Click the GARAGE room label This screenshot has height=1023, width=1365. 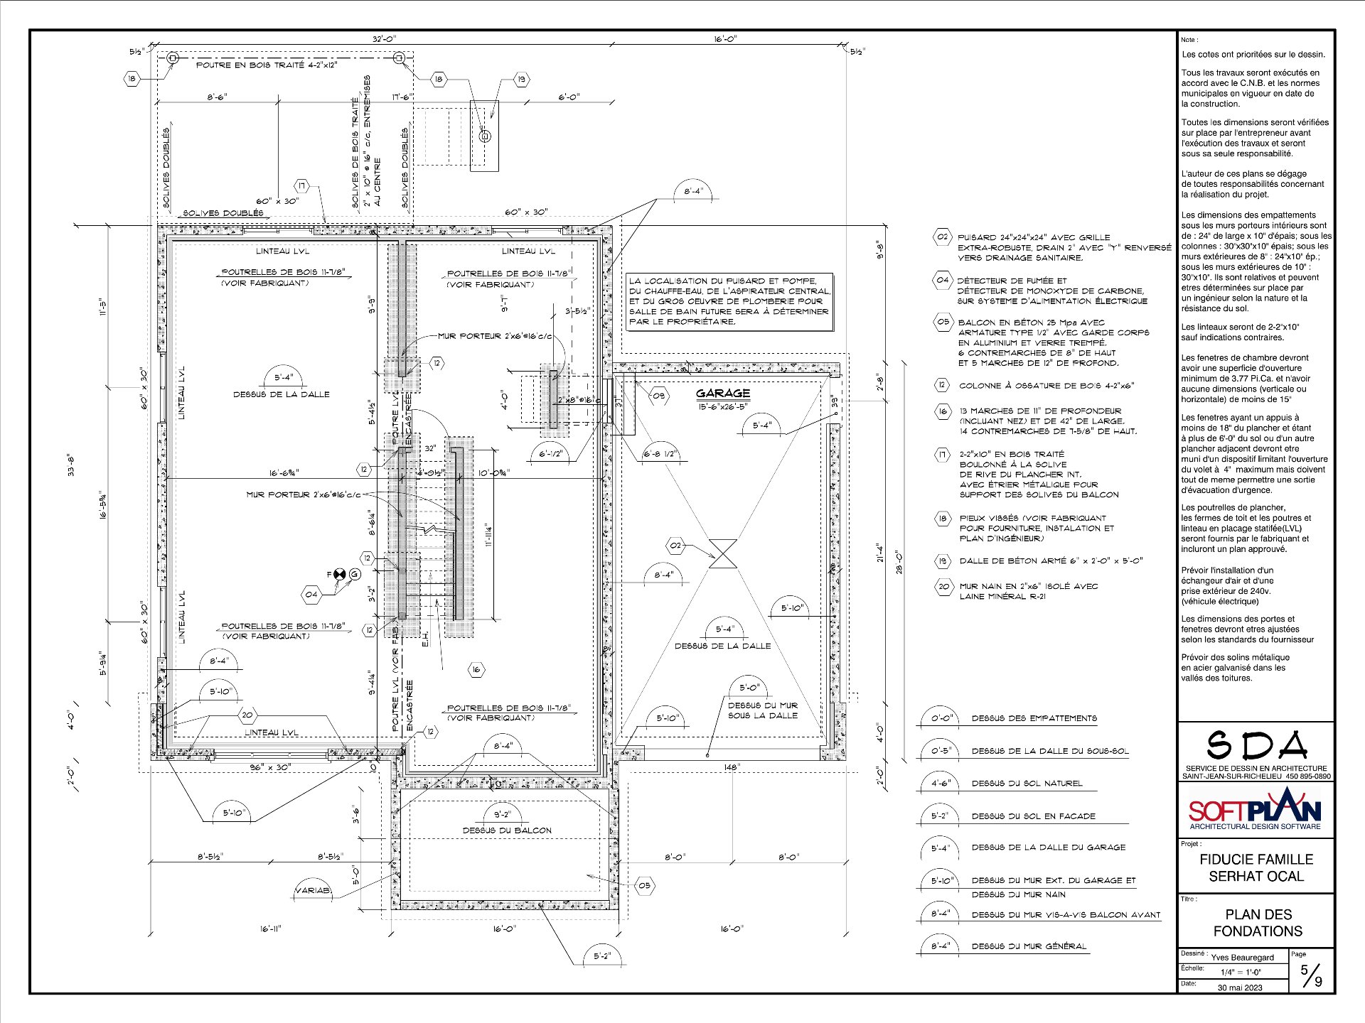click(722, 393)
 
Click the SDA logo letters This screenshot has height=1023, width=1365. click(1257, 745)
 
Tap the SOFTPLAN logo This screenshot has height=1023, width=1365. click(1256, 810)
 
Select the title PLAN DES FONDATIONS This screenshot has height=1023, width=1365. click(1258, 922)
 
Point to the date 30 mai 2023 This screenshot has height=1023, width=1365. click(1240, 987)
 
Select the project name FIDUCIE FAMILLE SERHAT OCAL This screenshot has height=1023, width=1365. click(1256, 867)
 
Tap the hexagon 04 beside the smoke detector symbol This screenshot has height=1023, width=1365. click(311, 593)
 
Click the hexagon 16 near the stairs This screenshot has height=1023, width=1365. click(476, 669)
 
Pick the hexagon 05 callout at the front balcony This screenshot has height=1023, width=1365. click(644, 885)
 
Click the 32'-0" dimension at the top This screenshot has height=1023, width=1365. click(385, 40)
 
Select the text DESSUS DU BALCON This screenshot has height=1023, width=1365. click(506, 830)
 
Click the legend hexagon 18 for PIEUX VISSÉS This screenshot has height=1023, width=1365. click(943, 519)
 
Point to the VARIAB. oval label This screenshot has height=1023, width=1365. click(313, 890)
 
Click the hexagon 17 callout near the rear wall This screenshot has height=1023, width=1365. click(302, 186)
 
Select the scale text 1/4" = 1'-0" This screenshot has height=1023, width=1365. click(1241, 972)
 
